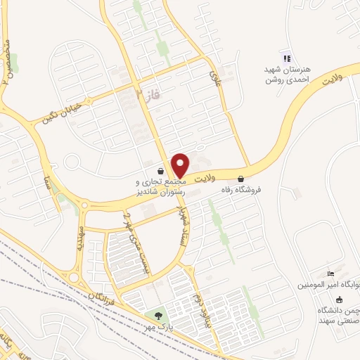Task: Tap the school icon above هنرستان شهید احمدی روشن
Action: click(x=285, y=58)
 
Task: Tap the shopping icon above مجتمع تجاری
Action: click(x=161, y=170)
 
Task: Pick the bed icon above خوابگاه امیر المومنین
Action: click(x=332, y=273)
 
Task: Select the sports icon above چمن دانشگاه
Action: click(x=339, y=299)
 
